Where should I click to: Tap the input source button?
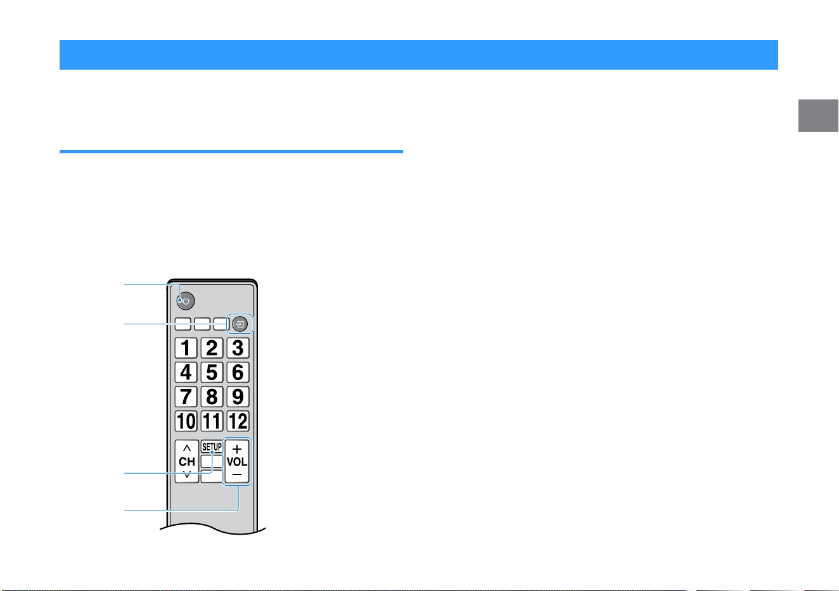coord(240,324)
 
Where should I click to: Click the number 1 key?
coord(186,348)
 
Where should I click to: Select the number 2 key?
coord(212,348)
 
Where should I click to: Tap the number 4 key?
coord(186,372)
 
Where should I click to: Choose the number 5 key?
coord(212,372)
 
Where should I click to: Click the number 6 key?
coord(238,372)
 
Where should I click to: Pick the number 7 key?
coord(186,397)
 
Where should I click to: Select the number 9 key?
coord(238,397)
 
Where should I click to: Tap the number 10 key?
coord(186,421)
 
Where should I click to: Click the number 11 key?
coord(212,421)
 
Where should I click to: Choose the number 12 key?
coord(238,421)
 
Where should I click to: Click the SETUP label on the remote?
coord(212,447)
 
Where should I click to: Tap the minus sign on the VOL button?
coord(237,474)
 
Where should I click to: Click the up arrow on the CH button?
coord(187,448)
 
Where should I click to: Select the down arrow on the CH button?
coord(187,474)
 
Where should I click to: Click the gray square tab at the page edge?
coord(818,116)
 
